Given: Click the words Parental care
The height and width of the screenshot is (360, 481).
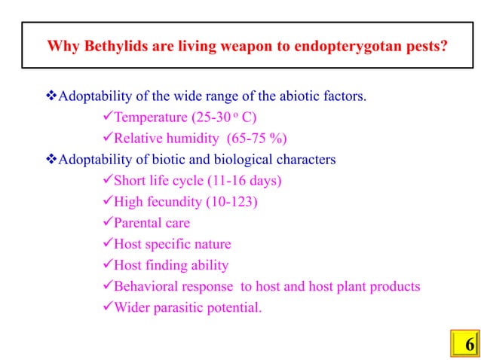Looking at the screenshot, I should point(151,223).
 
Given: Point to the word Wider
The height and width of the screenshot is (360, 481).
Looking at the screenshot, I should point(131,307).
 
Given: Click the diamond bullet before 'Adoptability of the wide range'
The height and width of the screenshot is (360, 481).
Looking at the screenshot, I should point(52,96).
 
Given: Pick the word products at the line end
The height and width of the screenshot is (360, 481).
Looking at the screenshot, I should point(394,286).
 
